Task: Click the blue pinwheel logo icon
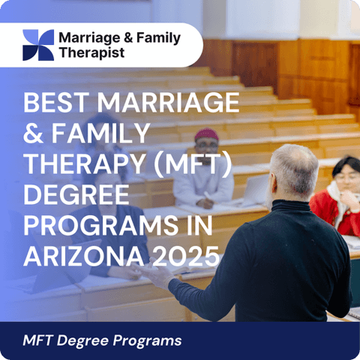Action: (38, 45)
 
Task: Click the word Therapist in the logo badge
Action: (91, 52)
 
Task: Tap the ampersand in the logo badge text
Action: (128, 37)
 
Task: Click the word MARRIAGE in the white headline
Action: (168, 103)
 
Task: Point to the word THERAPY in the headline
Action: (85, 164)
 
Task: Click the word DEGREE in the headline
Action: (76, 195)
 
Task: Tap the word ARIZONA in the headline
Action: (84, 256)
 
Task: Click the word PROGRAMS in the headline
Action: (100, 226)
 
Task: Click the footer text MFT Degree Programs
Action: (102, 340)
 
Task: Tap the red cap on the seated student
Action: (206, 134)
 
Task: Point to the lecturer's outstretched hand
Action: (155, 274)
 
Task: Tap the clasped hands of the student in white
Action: (205, 203)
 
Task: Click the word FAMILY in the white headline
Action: (100, 133)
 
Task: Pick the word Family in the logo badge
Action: (158, 38)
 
